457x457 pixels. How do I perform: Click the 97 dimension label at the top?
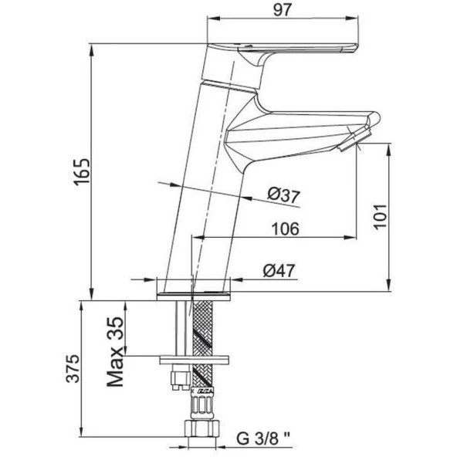(283, 11)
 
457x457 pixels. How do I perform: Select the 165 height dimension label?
(81, 172)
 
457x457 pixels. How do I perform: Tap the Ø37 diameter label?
(284, 195)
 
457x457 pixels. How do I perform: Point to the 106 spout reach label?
(286, 228)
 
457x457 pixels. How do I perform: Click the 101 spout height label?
(381, 217)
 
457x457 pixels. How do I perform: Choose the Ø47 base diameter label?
(279, 271)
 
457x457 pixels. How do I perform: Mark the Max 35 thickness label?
(116, 352)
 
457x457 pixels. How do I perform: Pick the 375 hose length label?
(73, 368)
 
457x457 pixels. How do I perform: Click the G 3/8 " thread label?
(263, 438)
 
